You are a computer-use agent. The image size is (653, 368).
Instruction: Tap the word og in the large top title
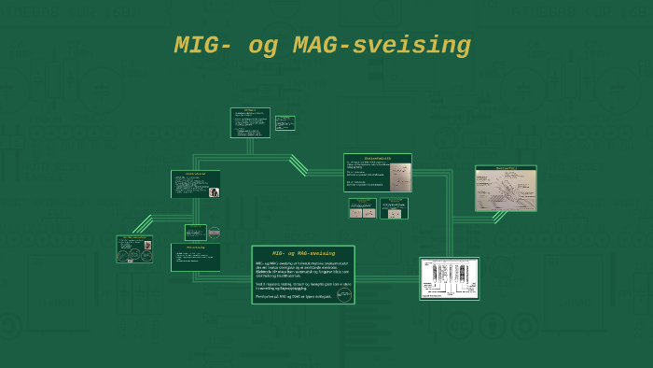click(x=264, y=46)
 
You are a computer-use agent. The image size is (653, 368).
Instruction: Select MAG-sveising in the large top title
click(x=382, y=46)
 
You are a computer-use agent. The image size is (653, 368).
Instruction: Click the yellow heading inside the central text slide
click(x=303, y=253)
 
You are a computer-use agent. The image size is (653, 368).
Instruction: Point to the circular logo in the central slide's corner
click(x=344, y=294)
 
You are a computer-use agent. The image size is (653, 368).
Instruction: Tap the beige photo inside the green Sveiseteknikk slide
click(x=398, y=174)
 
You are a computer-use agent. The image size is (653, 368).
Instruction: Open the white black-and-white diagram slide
click(x=449, y=278)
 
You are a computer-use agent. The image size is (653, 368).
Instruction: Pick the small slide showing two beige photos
click(x=362, y=208)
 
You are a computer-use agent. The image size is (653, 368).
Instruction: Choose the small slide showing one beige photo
click(x=394, y=208)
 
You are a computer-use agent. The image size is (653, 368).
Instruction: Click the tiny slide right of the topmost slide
click(x=285, y=122)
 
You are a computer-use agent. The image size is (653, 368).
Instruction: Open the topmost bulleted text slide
click(x=250, y=122)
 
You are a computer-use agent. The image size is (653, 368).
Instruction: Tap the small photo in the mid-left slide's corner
click(x=215, y=192)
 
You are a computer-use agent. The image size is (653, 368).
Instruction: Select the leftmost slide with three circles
click(x=134, y=249)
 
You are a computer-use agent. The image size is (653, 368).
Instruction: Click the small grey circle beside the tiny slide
click(x=215, y=232)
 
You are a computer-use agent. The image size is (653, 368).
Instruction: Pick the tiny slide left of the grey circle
click(x=195, y=232)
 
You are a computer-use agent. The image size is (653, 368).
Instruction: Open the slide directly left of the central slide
click(x=195, y=257)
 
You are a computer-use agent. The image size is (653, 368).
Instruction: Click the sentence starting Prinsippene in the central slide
click(x=295, y=296)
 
